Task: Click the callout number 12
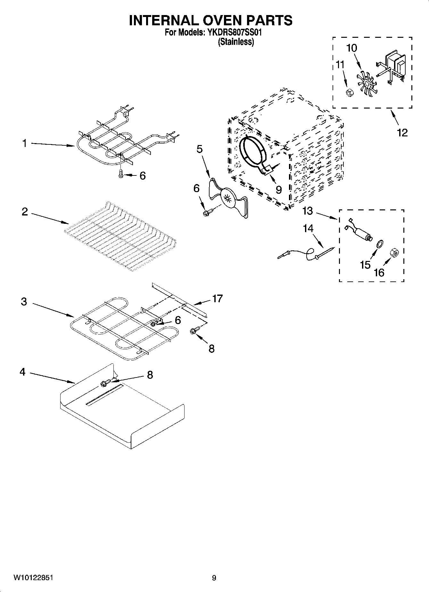coord(402,132)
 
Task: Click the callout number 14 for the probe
coord(308,228)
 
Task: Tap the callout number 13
coord(308,211)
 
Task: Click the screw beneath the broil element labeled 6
coord(121,174)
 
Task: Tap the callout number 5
coord(199,149)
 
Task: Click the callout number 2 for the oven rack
coord(25,212)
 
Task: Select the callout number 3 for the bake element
coord(24,302)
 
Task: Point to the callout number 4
coord(22,372)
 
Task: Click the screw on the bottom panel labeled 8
coord(106,382)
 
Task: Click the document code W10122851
coord(33,578)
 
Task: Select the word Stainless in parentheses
coord(236,42)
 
